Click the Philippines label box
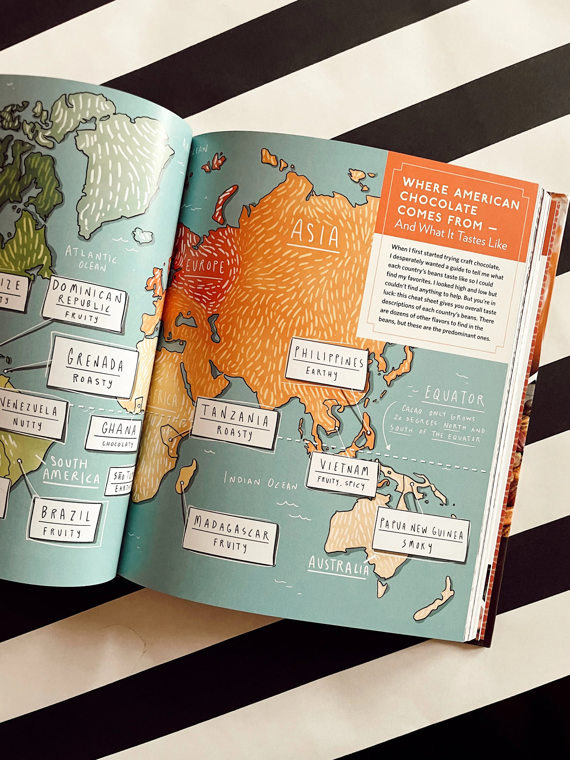(x=327, y=364)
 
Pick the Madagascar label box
(x=230, y=540)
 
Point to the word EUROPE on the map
(x=205, y=266)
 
